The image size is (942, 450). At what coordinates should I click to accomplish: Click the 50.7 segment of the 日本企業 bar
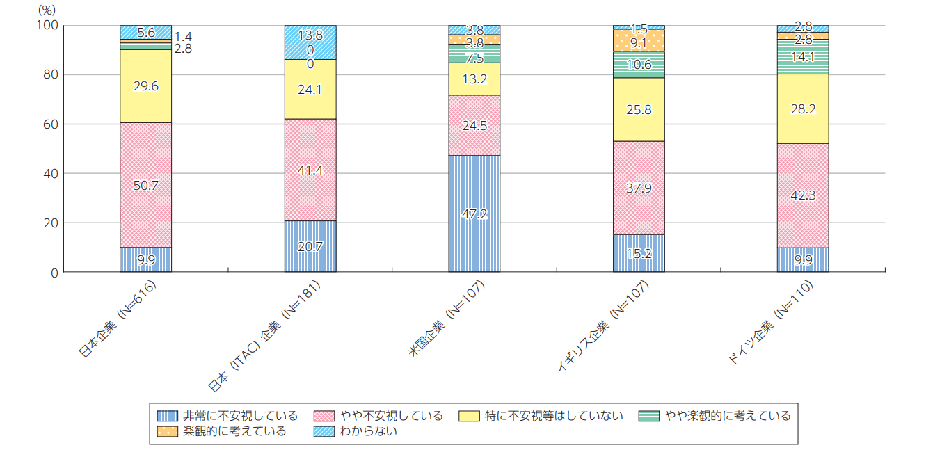coord(145,185)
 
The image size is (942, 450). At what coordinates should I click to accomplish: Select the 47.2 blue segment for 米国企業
coord(474,214)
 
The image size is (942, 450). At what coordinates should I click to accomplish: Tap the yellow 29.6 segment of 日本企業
coord(145,86)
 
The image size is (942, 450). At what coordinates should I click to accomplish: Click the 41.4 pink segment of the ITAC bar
coord(310,170)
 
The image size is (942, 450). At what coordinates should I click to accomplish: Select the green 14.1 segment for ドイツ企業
coord(802,57)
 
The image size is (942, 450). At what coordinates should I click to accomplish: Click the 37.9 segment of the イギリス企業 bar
coord(638,188)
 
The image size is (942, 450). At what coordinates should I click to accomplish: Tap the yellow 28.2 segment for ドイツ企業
coord(802,109)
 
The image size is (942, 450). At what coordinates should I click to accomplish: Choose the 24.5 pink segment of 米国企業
coord(474,125)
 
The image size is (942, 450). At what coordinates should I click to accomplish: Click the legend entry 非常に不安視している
coord(230,416)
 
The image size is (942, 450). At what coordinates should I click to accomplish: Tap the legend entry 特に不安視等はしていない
coord(543,416)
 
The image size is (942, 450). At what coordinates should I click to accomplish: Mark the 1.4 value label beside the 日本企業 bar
coord(183,36)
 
